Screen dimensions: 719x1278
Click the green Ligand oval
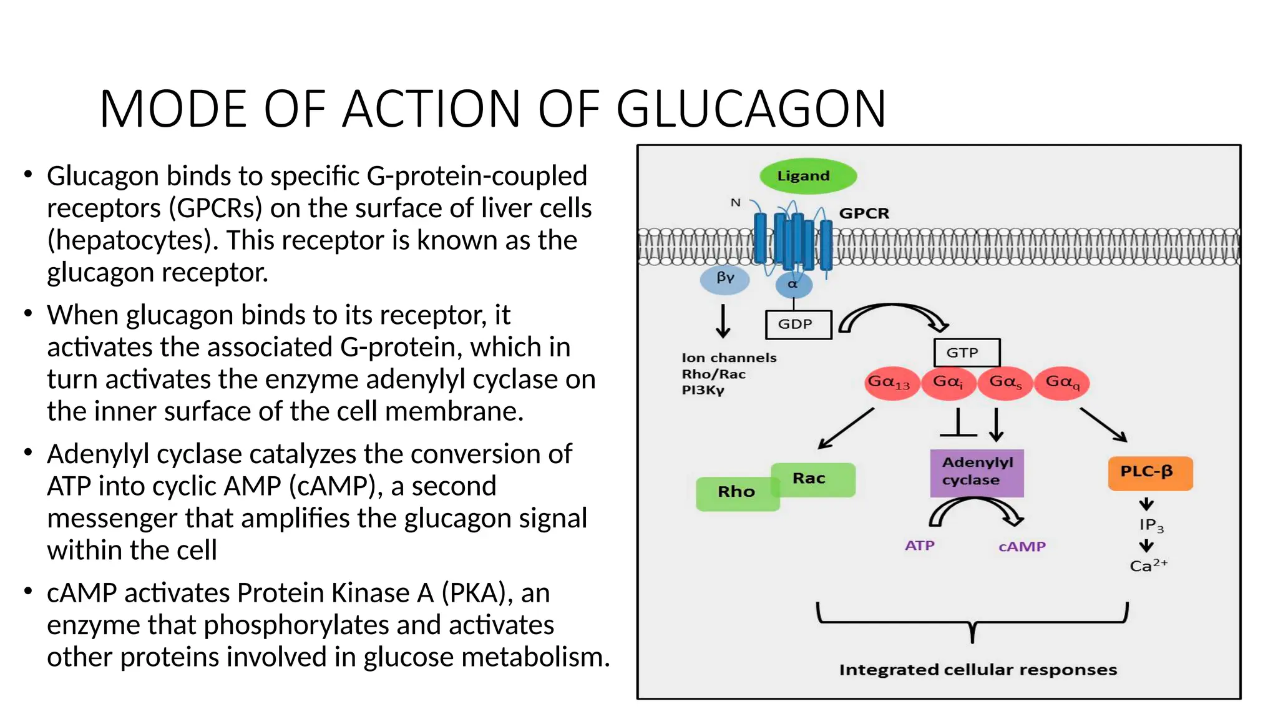pyautogui.click(x=807, y=176)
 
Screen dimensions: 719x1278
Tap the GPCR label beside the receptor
pyautogui.click(x=864, y=213)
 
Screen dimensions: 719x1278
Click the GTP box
pyautogui.click(x=966, y=353)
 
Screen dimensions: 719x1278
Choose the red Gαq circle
pyautogui.click(x=1062, y=383)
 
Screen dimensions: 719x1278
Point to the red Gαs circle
pyautogui.click(x=1005, y=383)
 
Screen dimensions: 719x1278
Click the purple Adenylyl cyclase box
pyautogui.click(x=977, y=472)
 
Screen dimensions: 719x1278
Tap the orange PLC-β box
pyautogui.click(x=1149, y=472)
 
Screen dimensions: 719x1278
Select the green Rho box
pyautogui.click(x=736, y=493)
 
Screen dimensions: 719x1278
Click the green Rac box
pyautogui.click(x=812, y=479)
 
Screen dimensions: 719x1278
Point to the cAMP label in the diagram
pyautogui.click(x=1022, y=547)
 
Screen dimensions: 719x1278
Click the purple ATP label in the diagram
pyautogui.click(x=919, y=545)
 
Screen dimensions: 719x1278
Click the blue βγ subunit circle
pyautogui.click(x=724, y=278)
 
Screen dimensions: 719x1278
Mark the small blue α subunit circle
pyautogui.click(x=793, y=285)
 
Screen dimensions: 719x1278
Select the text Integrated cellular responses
pyautogui.click(x=977, y=670)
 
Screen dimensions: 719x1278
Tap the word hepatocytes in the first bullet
pyautogui.click(x=132, y=241)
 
